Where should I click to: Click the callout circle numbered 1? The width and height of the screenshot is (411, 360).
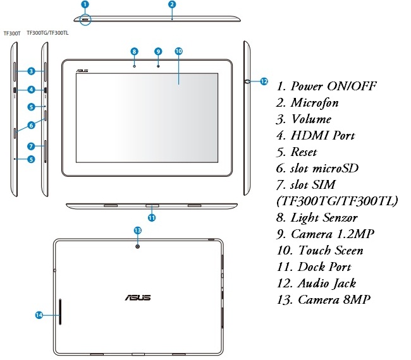coord(85,4)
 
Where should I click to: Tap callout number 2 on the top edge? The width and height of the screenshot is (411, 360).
coord(171,4)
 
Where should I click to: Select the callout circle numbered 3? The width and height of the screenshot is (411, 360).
coord(30,71)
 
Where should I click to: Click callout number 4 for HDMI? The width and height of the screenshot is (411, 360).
coord(30,90)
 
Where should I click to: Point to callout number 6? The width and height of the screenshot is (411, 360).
coord(30,125)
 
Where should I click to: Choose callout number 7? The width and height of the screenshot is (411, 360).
coord(30,146)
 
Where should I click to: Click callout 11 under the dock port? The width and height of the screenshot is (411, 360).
coord(152,218)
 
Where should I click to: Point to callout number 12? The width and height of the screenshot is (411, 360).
coord(264,81)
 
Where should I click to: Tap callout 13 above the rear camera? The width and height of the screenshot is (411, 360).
coord(137,231)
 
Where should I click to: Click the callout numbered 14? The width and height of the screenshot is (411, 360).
coord(39,314)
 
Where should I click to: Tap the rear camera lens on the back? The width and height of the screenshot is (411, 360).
coord(137,244)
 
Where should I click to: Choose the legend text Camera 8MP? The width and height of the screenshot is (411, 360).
coord(334,299)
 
